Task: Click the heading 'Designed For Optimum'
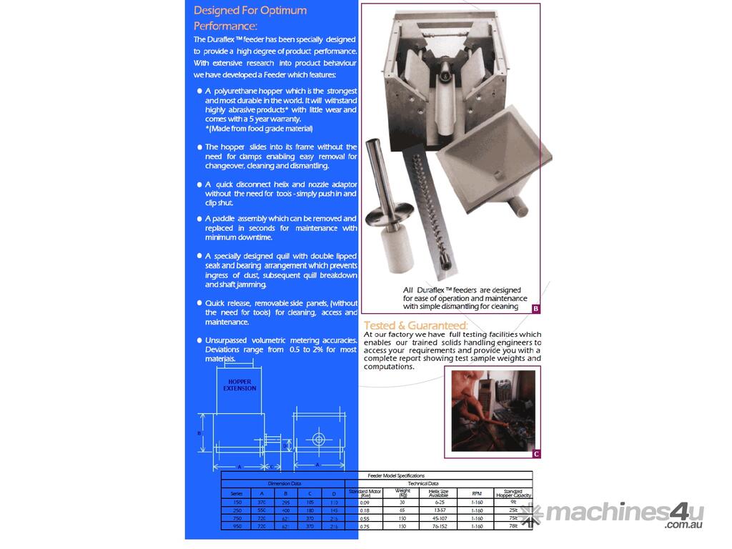[250, 10]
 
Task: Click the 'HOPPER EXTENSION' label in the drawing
[239, 385]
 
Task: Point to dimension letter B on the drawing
[199, 433]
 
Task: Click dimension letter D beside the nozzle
[285, 445]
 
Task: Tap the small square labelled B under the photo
[535, 308]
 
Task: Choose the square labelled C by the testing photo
[536, 453]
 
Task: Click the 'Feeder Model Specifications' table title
[395, 475]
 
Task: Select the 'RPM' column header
[477, 493]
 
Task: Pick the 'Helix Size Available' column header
[438, 493]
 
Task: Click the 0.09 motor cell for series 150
[365, 503]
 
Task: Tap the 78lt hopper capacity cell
[513, 526]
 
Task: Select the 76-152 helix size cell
[438, 526]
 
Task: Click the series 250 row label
[237, 510]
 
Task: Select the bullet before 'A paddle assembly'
[199, 219]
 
